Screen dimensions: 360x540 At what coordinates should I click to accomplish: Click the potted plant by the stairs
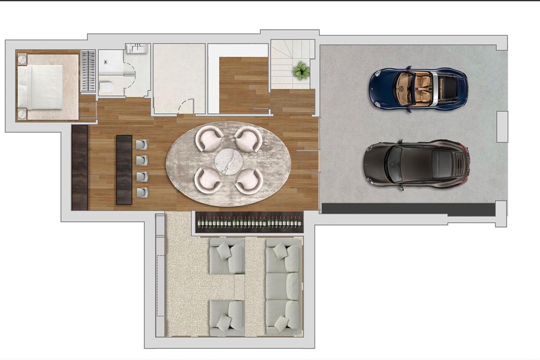point(300,71)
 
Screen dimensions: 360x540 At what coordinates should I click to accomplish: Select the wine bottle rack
point(249,222)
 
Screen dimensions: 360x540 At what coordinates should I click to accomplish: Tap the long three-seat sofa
point(283,286)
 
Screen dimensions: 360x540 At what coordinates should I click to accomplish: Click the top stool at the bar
point(142,144)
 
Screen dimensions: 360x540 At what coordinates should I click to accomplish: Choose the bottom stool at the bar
point(142,193)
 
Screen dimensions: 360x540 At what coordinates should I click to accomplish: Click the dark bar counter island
point(124,170)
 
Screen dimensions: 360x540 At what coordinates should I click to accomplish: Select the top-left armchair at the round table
point(209,139)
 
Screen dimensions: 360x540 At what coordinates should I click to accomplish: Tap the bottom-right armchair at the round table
point(248,181)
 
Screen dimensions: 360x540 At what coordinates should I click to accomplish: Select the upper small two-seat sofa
point(227,256)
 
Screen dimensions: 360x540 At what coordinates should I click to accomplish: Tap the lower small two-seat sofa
point(227,318)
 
